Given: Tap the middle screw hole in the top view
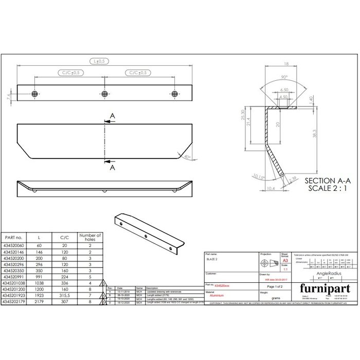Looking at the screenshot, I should (105, 94).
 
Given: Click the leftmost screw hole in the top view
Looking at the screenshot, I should (34, 94).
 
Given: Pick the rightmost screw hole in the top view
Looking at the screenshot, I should (175, 94).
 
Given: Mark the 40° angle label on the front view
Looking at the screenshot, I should (187, 157).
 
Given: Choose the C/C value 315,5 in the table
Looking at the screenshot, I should (65, 296).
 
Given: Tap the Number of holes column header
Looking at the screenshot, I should (89, 238).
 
